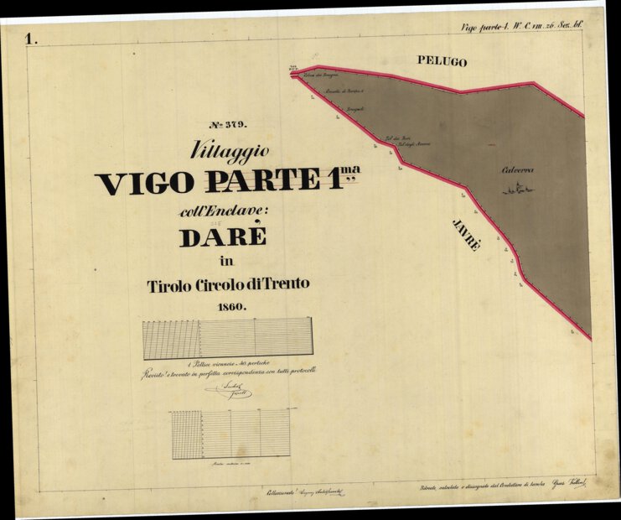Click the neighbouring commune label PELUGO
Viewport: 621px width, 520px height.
[442, 62]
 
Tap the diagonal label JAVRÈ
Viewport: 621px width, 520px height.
[467, 236]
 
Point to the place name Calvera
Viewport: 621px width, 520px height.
[517, 170]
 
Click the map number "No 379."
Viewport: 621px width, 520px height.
[229, 125]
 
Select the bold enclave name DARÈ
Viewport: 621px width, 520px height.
[223, 237]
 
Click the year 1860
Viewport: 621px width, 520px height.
[230, 307]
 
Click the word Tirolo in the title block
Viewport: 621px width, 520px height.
[170, 285]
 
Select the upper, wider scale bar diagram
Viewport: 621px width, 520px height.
[227, 338]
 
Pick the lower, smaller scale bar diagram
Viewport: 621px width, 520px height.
[230, 434]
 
